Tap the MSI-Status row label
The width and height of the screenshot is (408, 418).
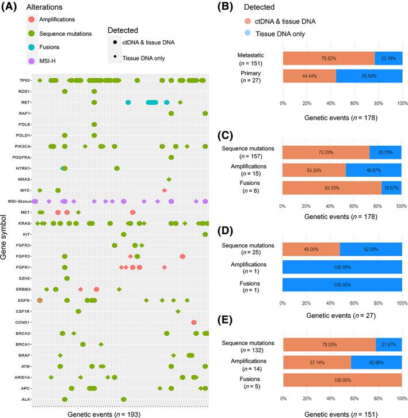tap(21, 201)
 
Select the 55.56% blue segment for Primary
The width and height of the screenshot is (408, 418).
tap(368, 77)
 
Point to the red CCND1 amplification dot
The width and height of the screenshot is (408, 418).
tap(194, 322)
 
